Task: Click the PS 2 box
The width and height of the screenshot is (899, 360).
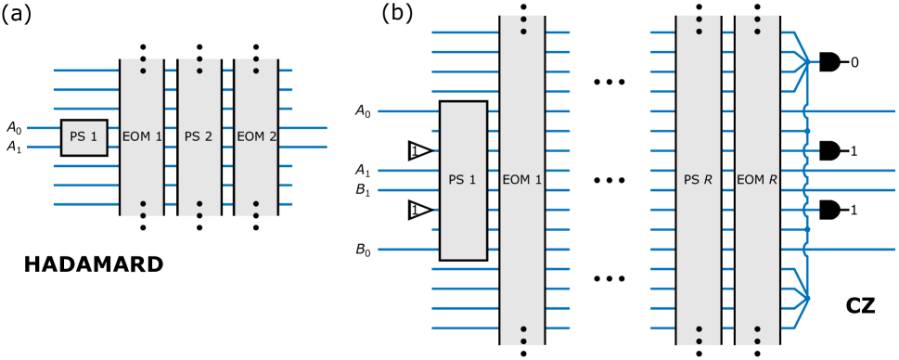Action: pyautogui.click(x=199, y=136)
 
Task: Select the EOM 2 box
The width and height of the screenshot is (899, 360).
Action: pyautogui.click(x=256, y=136)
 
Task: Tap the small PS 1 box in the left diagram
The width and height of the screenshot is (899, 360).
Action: pyautogui.click(x=83, y=136)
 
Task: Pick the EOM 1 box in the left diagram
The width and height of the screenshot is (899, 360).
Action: pyautogui.click(x=141, y=136)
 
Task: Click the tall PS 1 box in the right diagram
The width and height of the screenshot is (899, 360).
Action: pyautogui.click(x=463, y=180)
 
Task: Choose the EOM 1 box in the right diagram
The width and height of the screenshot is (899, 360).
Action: pyautogui.click(x=521, y=180)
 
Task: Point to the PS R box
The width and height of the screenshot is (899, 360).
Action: pyautogui.click(x=698, y=180)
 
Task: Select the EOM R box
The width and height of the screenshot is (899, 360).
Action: pyautogui.click(x=757, y=180)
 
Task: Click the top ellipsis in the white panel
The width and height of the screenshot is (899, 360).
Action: pyautogui.click(x=609, y=82)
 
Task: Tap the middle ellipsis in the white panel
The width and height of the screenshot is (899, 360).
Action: pyautogui.click(x=609, y=180)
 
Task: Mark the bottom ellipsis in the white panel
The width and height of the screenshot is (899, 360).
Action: pyautogui.click(x=609, y=278)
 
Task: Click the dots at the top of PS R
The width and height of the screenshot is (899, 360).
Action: pyautogui.click(x=698, y=25)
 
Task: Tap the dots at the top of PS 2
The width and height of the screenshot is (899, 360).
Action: pyautogui.click(x=199, y=65)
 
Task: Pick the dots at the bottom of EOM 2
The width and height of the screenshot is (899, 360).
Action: pyautogui.click(x=256, y=209)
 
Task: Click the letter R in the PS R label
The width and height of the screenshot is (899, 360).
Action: pyautogui.click(x=708, y=180)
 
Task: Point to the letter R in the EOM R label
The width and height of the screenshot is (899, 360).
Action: pyautogui.click(x=773, y=180)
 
